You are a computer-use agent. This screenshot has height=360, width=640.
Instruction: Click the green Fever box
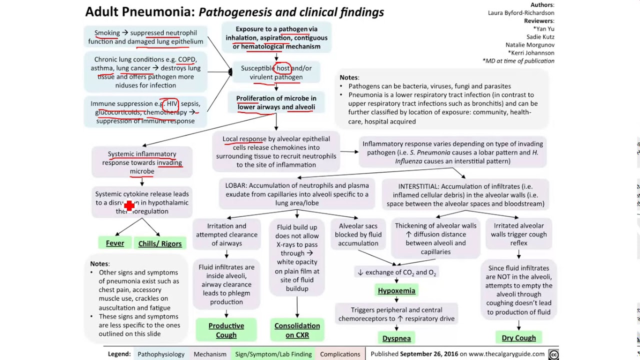[114, 243]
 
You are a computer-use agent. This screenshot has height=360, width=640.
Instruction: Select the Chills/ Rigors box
[160, 243]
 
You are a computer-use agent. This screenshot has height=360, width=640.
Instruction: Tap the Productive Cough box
[226, 330]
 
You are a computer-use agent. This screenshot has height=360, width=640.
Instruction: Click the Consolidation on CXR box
[297, 330]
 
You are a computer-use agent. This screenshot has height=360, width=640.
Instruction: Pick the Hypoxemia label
[396, 290]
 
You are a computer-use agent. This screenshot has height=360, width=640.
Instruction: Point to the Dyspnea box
[396, 338]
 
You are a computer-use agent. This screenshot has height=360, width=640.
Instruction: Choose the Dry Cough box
[518, 338]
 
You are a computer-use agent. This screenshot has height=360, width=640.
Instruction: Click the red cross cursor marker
[129, 205]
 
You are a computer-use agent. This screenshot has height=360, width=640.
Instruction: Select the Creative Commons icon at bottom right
[553, 354]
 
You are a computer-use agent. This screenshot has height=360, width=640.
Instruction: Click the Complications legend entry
[340, 354]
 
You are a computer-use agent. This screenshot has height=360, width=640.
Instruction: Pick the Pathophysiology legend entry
[161, 354]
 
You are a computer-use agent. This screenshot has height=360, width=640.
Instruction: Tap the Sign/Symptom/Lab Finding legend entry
[273, 354]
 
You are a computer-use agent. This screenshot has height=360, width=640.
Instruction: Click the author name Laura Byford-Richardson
[521, 13]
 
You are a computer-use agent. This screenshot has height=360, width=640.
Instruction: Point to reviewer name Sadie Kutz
[540, 37]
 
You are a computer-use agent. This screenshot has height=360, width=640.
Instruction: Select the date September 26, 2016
[429, 354]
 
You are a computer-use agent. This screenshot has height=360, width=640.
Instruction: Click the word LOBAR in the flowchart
[235, 185]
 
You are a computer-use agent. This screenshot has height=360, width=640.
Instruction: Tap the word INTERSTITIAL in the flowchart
[418, 186]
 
